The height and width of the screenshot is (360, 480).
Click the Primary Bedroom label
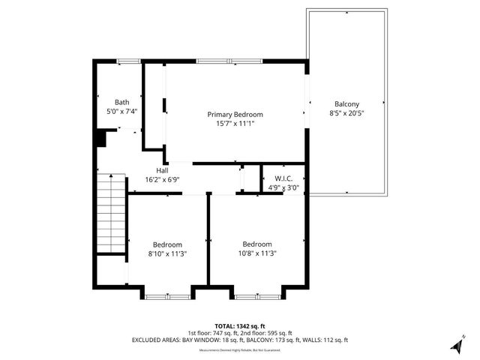click(x=235, y=115)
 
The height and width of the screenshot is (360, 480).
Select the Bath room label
click(x=121, y=102)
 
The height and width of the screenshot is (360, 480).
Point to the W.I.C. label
click(x=283, y=178)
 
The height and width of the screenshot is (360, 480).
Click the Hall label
click(x=162, y=171)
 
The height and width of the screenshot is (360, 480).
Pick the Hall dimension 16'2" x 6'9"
click(x=162, y=180)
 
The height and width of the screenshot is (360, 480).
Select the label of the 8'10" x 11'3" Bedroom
click(x=167, y=244)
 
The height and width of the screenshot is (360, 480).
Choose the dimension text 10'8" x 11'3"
click(x=256, y=253)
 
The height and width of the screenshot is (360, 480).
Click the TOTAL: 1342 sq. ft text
click(x=239, y=325)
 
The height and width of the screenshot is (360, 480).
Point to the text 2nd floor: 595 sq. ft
click(x=266, y=333)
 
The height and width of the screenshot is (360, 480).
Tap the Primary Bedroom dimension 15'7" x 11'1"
click(x=235, y=124)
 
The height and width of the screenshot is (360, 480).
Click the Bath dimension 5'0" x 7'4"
click(x=121, y=112)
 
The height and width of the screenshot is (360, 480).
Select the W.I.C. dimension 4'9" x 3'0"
click(x=283, y=187)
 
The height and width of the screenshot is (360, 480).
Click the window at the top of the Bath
click(x=130, y=61)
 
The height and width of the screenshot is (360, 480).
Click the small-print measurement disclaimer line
click(x=239, y=350)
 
